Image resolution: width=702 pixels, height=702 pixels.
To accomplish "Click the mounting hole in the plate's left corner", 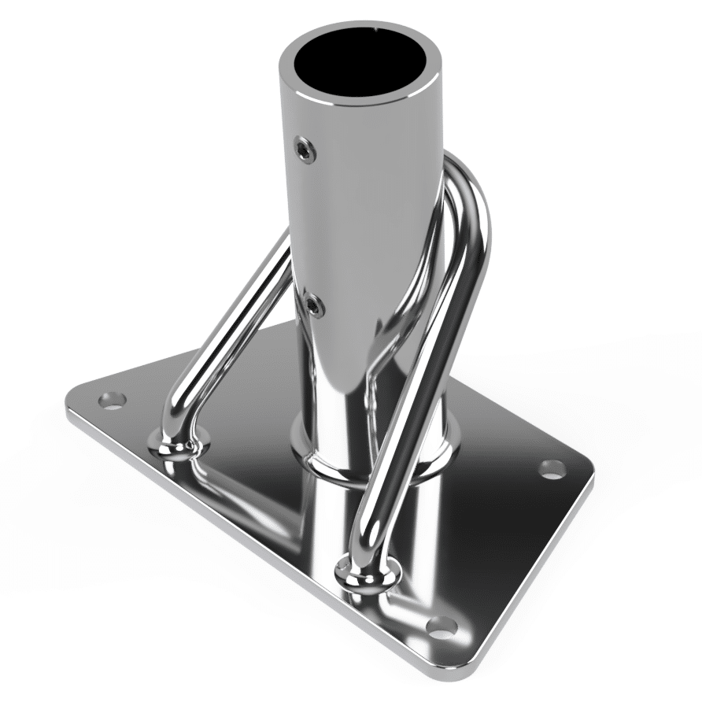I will point(113,401).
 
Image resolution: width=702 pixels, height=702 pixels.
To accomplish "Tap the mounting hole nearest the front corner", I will point(443,629).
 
